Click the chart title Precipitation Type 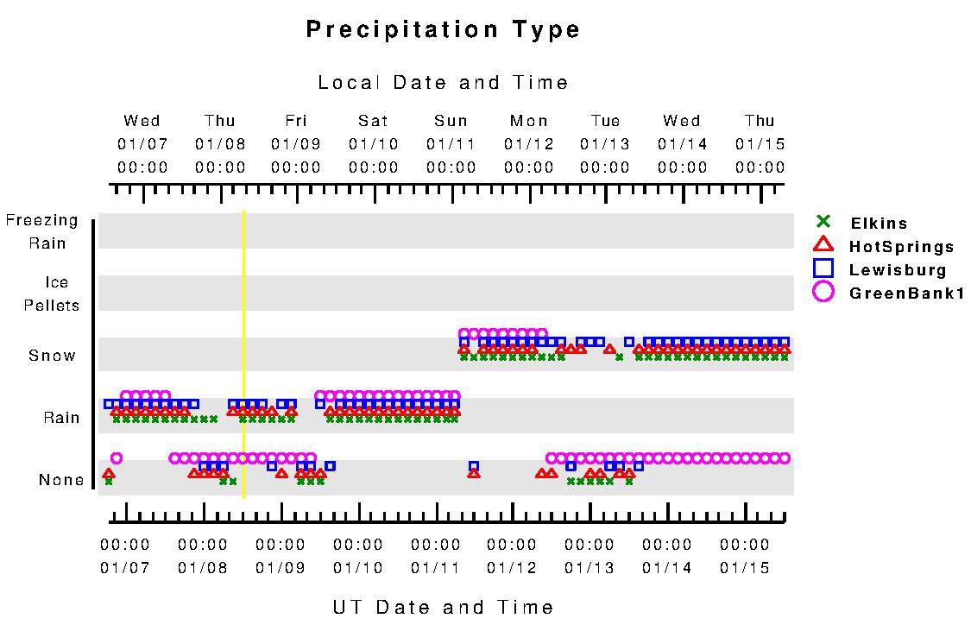[x=444, y=30]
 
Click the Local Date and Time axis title [x=444, y=83]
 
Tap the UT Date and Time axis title [x=444, y=608]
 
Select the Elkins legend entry [x=878, y=224]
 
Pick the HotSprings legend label [x=902, y=247]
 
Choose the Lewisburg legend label [x=898, y=269]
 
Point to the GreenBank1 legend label [x=906, y=293]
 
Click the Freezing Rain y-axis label [x=42, y=231]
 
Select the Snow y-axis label [x=53, y=356]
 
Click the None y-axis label [x=61, y=480]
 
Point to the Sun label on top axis [x=451, y=121]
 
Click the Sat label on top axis [x=374, y=121]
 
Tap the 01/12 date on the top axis [x=528, y=144]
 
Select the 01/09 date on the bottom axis [x=281, y=568]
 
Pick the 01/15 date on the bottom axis [x=745, y=568]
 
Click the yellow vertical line [x=244, y=354]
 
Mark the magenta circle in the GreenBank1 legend [x=824, y=292]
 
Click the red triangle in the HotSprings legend [x=824, y=245]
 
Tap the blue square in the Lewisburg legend [x=824, y=268]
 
